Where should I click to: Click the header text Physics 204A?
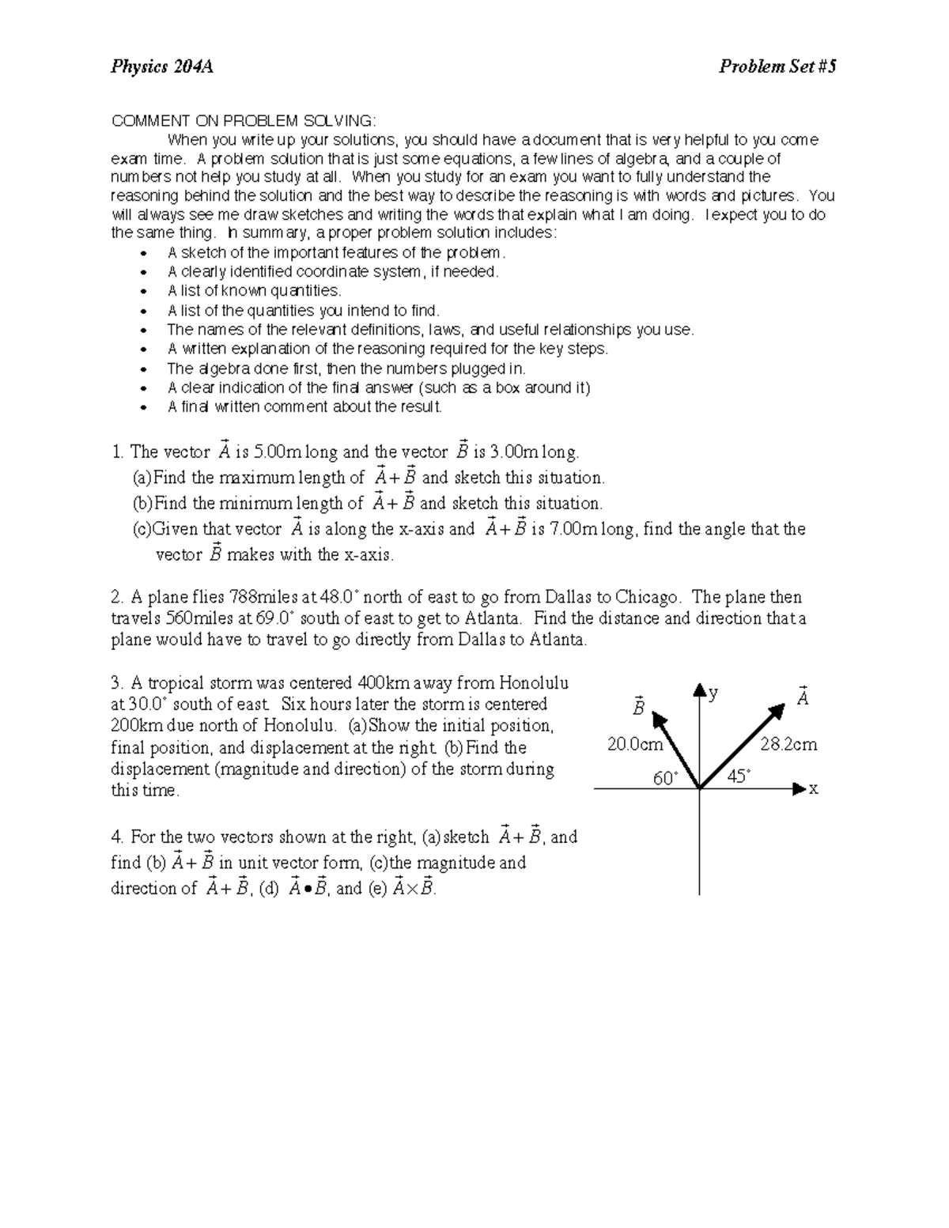(x=161, y=66)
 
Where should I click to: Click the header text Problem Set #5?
(x=777, y=66)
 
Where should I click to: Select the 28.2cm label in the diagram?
(x=788, y=744)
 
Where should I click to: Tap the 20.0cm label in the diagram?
(x=635, y=744)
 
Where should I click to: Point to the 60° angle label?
(x=665, y=778)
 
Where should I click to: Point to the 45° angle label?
(x=739, y=776)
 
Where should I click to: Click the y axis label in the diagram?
(x=713, y=693)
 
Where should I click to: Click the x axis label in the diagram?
(x=814, y=788)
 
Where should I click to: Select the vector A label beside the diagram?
(x=803, y=697)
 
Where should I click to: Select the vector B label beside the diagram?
(x=638, y=705)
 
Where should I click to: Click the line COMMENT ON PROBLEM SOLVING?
(x=244, y=121)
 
